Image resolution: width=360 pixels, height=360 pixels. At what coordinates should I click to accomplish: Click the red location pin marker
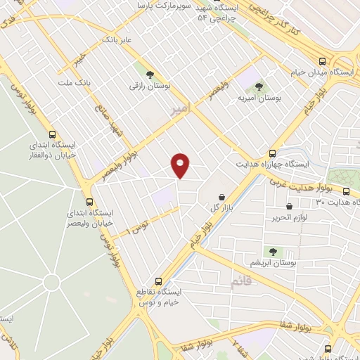point(181,165)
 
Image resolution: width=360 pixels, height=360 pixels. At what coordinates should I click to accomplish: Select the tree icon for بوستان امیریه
point(259,86)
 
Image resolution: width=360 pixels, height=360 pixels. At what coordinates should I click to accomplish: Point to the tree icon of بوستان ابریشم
point(272,250)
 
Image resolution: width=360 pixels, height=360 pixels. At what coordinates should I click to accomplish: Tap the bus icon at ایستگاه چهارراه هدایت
point(272,153)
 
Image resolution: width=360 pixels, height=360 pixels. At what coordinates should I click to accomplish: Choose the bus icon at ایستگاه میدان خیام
point(323,61)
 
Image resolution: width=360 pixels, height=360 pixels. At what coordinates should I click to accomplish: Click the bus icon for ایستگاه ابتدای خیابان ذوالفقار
point(52,134)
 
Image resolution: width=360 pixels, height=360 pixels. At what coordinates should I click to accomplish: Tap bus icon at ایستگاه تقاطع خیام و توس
point(158,281)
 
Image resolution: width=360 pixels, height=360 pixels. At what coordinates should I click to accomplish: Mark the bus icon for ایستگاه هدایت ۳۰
point(346,191)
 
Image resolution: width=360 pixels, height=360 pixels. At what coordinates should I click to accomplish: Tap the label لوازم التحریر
point(310,217)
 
